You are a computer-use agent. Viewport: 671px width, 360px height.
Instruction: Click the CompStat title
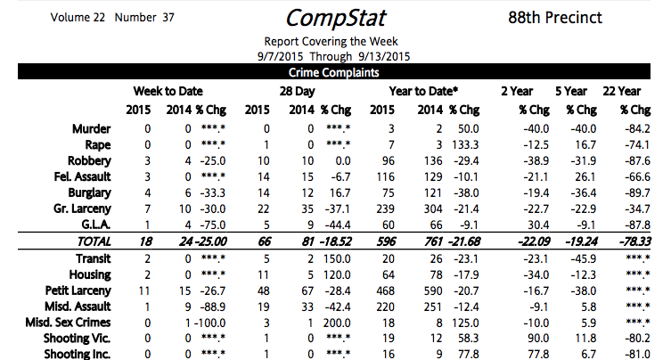tap(334, 18)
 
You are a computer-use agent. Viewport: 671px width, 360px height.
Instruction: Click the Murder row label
tap(91, 129)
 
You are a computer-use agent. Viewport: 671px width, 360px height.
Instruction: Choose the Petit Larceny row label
tap(78, 291)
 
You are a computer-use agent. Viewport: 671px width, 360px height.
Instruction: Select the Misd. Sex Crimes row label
tap(68, 323)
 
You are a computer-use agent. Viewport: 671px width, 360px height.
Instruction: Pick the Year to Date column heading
tap(423, 91)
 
